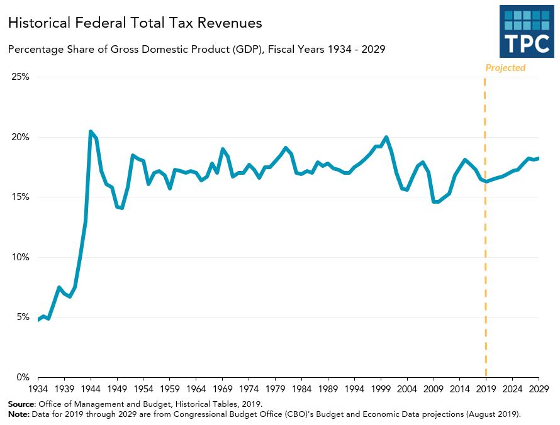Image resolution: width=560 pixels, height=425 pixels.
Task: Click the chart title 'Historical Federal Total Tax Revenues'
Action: point(135,23)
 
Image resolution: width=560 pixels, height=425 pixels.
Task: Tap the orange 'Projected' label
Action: point(505,68)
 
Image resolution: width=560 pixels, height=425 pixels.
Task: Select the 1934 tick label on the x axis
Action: point(38,389)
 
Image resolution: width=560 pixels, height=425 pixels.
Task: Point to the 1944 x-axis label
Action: point(91,389)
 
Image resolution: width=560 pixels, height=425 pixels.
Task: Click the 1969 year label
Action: point(223,389)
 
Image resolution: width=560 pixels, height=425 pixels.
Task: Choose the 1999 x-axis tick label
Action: point(381,389)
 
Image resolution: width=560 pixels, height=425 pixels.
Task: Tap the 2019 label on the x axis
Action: point(486,389)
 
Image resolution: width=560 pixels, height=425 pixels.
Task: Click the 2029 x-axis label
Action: point(539,389)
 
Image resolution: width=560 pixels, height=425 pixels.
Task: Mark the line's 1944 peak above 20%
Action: point(91,131)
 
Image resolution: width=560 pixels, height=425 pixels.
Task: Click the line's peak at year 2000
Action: point(386,137)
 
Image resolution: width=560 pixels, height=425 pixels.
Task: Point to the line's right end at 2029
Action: point(539,158)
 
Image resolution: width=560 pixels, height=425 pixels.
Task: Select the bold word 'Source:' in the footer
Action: point(22,404)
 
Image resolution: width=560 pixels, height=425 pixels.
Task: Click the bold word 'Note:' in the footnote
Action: point(19,414)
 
